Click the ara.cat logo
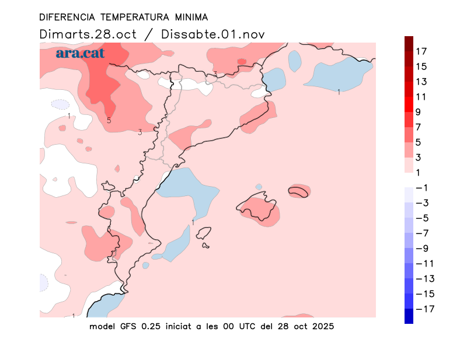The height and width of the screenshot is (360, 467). coord(80,53)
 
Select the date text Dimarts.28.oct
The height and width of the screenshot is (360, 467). coord(88,34)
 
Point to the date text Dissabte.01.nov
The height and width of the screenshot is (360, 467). coord(212,34)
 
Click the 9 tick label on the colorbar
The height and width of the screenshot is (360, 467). coord(419,111)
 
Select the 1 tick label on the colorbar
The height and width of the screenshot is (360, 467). coord(419,172)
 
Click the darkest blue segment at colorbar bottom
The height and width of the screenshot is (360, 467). coord(409,316)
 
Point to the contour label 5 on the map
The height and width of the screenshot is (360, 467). coord(109,121)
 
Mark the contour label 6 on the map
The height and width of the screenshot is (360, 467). coord(109,229)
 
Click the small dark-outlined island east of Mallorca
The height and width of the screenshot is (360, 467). coord(298,191)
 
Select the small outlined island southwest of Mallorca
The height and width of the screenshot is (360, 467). coord(204,235)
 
